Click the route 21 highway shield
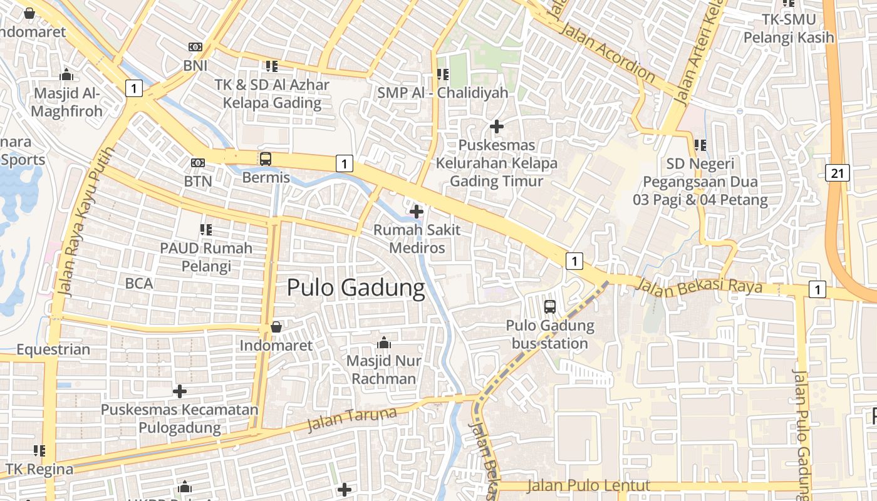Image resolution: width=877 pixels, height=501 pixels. (x=837, y=173)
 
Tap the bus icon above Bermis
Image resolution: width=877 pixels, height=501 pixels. (x=266, y=158)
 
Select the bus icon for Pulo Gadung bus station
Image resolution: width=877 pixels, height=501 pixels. (x=550, y=306)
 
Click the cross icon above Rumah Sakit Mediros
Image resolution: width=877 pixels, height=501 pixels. (x=416, y=212)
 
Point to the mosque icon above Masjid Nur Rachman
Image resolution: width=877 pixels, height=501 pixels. (x=384, y=343)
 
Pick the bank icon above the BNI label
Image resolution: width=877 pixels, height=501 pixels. (x=195, y=47)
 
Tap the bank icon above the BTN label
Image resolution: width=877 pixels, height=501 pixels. (x=198, y=163)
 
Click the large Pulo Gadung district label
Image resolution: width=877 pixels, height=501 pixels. (x=356, y=288)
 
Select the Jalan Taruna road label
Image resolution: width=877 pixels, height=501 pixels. (x=352, y=419)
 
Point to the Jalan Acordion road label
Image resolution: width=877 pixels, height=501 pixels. (x=608, y=54)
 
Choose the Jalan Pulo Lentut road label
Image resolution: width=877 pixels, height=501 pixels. (x=588, y=485)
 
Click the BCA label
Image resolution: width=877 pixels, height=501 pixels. (x=139, y=283)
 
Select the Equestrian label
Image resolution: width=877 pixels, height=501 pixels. (x=53, y=349)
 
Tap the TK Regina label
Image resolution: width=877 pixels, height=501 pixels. (x=39, y=469)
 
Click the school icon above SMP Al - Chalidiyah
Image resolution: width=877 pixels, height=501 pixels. (x=443, y=75)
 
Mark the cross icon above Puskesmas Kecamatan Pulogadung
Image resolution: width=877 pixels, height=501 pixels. (x=180, y=391)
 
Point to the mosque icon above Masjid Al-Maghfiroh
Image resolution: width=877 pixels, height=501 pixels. (x=66, y=75)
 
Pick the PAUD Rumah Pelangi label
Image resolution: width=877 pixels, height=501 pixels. (x=206, y=257)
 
